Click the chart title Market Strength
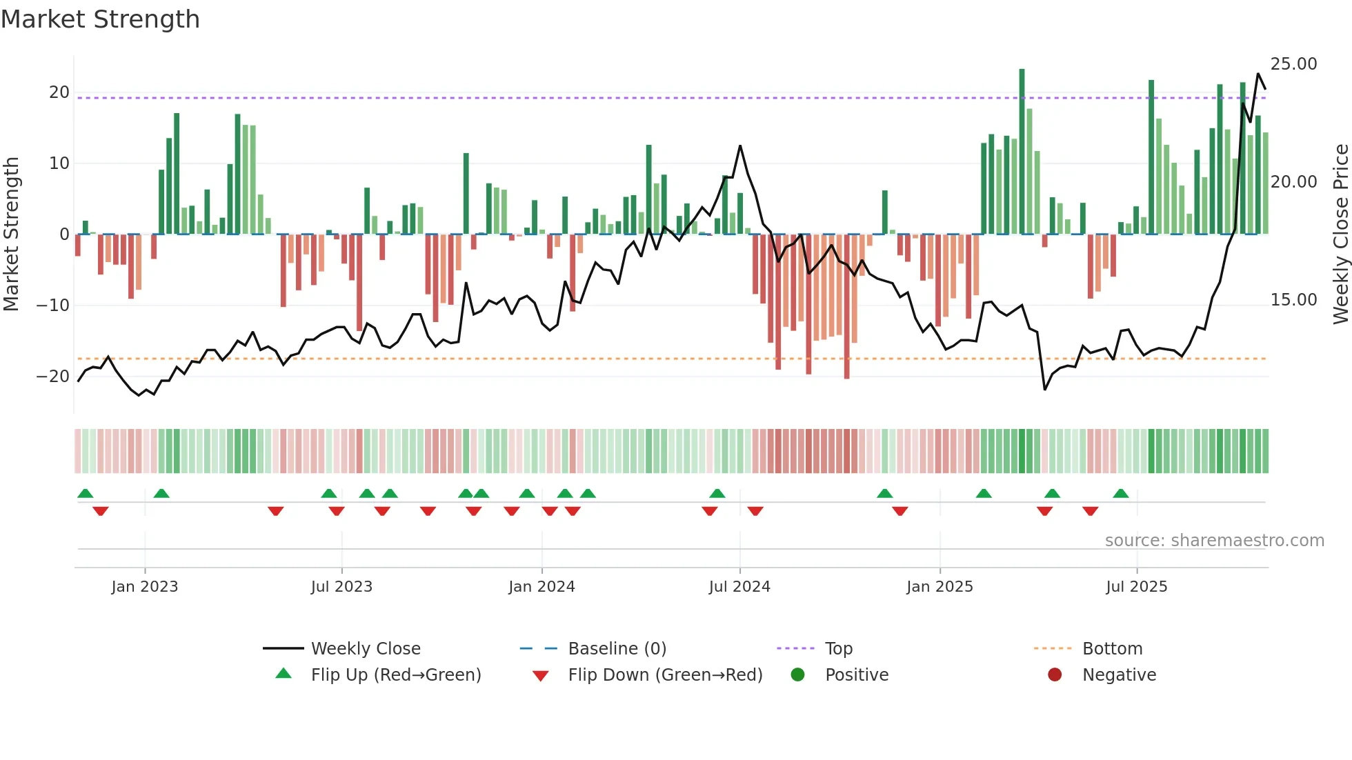tap(100, 19)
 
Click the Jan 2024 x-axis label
tap(541, 587)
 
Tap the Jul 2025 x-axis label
tap(1136, 587)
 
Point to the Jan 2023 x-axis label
tap(145, 587)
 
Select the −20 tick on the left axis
tap(53, 377)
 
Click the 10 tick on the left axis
tap(59, 163)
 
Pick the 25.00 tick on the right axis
tap(1293, 64)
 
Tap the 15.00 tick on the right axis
tap(1293, 300)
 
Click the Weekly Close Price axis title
tap(1340, 234)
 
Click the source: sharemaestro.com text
tap(1214, 541)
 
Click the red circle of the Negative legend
tap(1055, 675)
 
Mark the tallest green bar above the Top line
tap(1022, 70)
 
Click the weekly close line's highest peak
tap(1257, 74)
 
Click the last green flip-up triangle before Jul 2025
tap(1121, 494)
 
